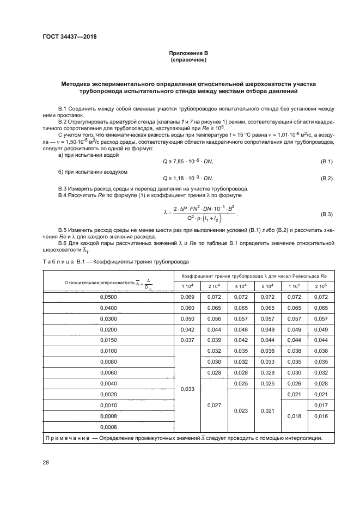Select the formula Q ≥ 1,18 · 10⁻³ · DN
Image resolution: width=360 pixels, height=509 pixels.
(x=188, y=178)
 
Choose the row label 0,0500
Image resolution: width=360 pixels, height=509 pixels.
(x=109, y=297)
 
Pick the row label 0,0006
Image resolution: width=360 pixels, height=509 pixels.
(x=109, y=426)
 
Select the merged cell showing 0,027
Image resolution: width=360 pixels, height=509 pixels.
(x=213, y=406)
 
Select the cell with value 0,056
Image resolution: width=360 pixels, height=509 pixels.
(x=213, y=319)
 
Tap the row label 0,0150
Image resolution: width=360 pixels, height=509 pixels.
(x=109, y=340)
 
